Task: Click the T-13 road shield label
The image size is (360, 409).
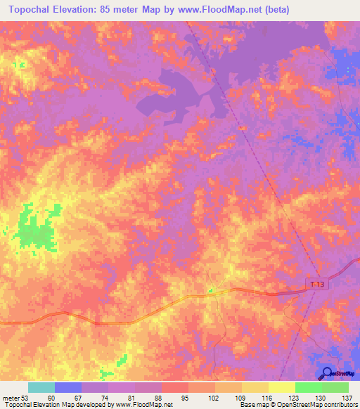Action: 317,284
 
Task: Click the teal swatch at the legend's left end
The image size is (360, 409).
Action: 41,387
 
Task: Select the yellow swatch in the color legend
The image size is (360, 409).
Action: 281,387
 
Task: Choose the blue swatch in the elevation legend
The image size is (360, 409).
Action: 67,387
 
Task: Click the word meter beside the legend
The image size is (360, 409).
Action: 11,398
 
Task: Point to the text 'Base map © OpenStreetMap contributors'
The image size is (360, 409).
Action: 298,405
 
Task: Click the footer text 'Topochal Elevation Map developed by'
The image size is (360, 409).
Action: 56,405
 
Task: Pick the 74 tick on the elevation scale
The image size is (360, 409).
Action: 105,398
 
